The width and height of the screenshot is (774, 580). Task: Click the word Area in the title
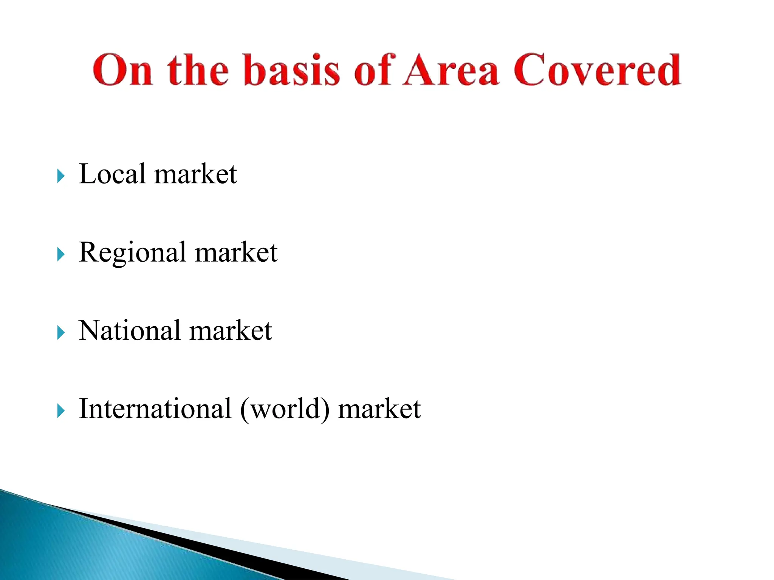click(450, 71)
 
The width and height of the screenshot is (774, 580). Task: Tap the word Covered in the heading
click(597, 71)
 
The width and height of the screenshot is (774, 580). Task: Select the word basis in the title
click(292, 71)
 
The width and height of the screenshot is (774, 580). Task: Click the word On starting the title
click(123, 71)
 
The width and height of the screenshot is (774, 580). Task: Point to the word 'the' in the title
click(198, 71)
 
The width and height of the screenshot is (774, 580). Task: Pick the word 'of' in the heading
click(374, 71)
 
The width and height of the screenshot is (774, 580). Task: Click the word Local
click(112, 174)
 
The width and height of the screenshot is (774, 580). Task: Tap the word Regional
click(132, 253)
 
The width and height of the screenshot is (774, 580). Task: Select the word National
click(130, 331)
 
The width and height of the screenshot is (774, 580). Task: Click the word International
click(155, 409)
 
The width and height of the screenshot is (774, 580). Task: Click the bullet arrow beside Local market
click(61, 176)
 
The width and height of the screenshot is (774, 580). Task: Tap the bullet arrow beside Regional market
click(61, 255)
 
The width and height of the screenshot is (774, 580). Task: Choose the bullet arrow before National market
click(61, 333)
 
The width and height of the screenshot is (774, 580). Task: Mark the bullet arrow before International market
click(61, 411)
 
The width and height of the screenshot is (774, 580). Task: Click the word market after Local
click(195, 175)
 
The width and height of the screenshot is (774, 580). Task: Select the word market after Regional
click(236, 253)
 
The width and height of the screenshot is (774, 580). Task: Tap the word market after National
click(230, 331)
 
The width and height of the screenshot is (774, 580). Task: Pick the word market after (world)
click(379, 409)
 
